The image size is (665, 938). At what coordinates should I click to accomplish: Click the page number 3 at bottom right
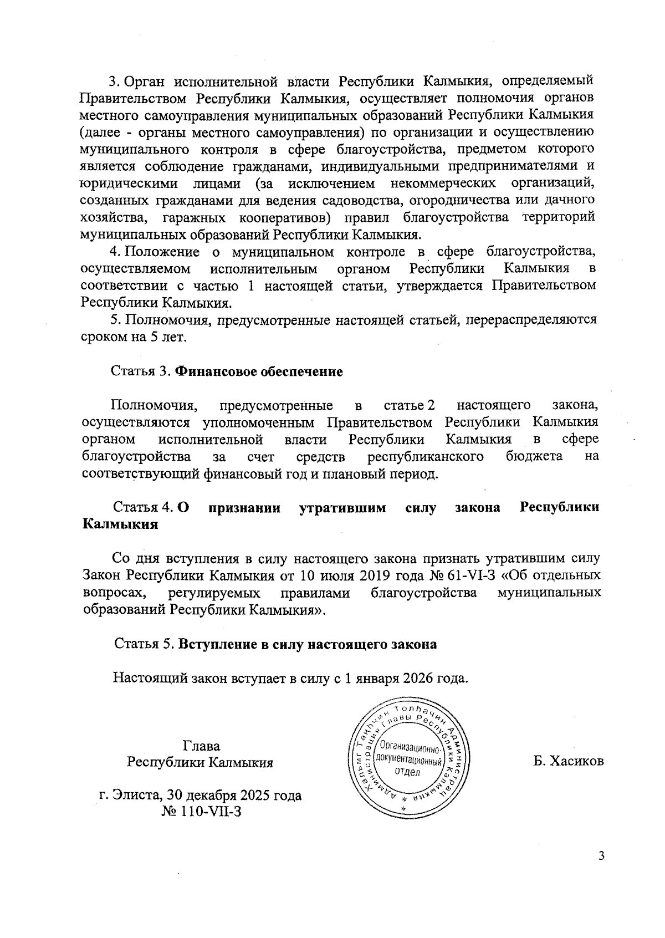tap(601, 871)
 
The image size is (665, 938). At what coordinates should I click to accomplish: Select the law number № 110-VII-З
tap(201, 812)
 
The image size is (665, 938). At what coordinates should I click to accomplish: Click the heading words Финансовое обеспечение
tap(259, 371)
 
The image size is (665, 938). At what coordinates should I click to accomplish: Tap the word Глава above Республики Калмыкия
tap(201, 746)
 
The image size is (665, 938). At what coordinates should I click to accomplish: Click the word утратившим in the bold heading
tap(342, 508)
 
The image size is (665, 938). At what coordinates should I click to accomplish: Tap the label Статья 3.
tap(141, 371)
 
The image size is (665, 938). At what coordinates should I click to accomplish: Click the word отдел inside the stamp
tap(407, 772)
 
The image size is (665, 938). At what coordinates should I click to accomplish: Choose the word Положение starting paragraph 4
tap(161, 252)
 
